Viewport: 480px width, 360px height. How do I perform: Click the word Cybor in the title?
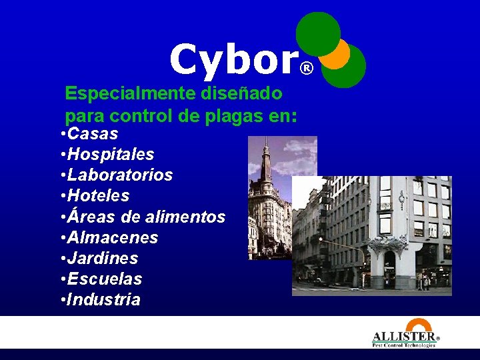click(232, 61)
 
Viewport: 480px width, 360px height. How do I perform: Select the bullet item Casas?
click(93, 133)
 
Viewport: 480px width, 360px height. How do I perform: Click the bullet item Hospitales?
click(111, 154)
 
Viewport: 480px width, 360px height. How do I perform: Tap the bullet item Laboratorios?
click(120, 175)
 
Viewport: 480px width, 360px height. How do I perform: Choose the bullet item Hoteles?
click(98, 195)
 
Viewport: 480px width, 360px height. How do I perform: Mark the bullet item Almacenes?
click(113, 237)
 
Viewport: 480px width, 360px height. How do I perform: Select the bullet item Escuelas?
click(105, 279)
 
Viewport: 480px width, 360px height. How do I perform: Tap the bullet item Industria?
click(104, 299)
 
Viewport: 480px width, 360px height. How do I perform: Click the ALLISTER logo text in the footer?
click(403, 336)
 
